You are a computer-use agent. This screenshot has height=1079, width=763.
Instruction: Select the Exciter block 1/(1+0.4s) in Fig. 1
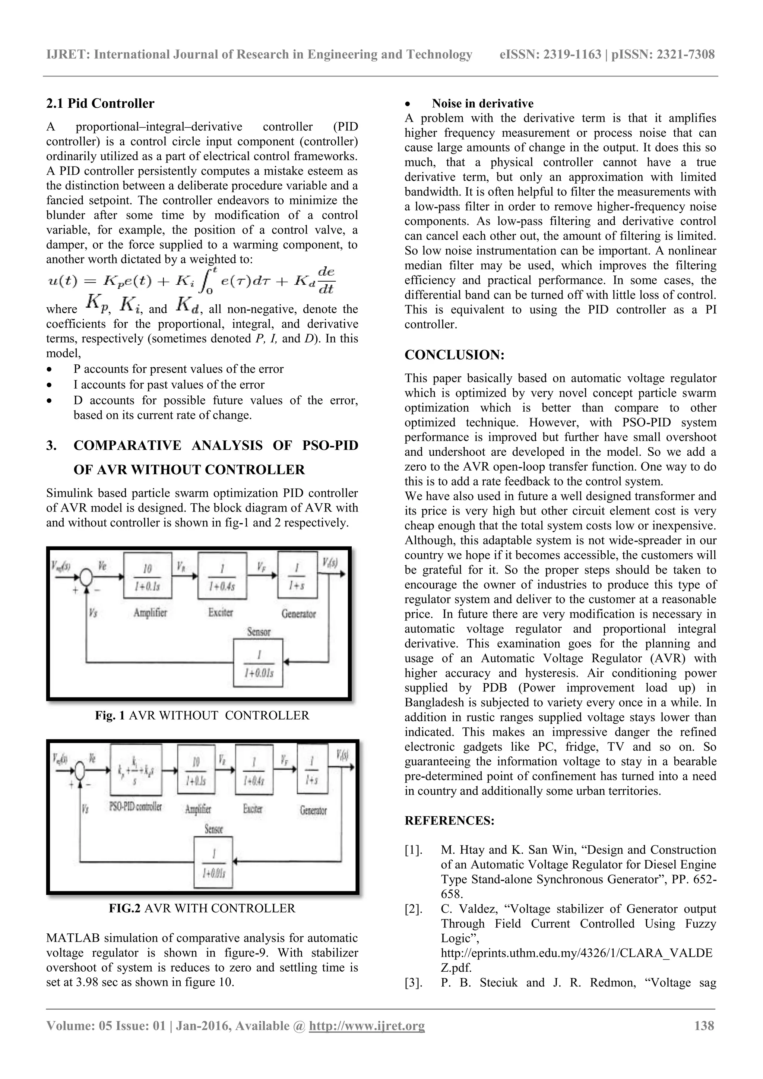[x=222, y=576]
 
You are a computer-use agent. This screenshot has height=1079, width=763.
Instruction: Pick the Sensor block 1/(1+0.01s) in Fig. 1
[x=259, y=662]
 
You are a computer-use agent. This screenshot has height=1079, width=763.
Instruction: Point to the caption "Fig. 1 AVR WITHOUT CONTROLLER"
[x=202, y=715]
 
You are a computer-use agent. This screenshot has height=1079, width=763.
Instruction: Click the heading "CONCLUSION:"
[x=454, y=355]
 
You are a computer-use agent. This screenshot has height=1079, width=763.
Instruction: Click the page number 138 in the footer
[x=704, y=1025]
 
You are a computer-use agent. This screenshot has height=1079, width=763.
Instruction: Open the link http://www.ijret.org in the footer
[x=367, y=1026]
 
